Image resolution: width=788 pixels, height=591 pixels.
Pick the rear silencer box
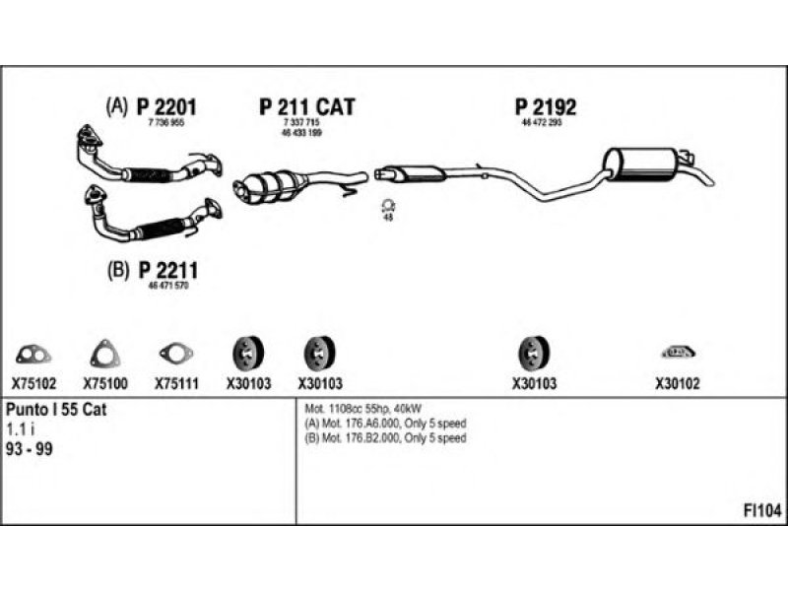tap(641, 164)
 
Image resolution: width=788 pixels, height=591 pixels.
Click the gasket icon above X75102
tap(33, 352)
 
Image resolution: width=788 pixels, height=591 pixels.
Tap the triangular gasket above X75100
tap(104, 352)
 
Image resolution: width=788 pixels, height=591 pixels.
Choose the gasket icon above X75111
tap(176, 352)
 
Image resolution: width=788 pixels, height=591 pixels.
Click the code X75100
tap(104, 383)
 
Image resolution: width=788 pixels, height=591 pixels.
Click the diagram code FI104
tap(762, 511)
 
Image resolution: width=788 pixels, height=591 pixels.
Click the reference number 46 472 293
tap(541, 123)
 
